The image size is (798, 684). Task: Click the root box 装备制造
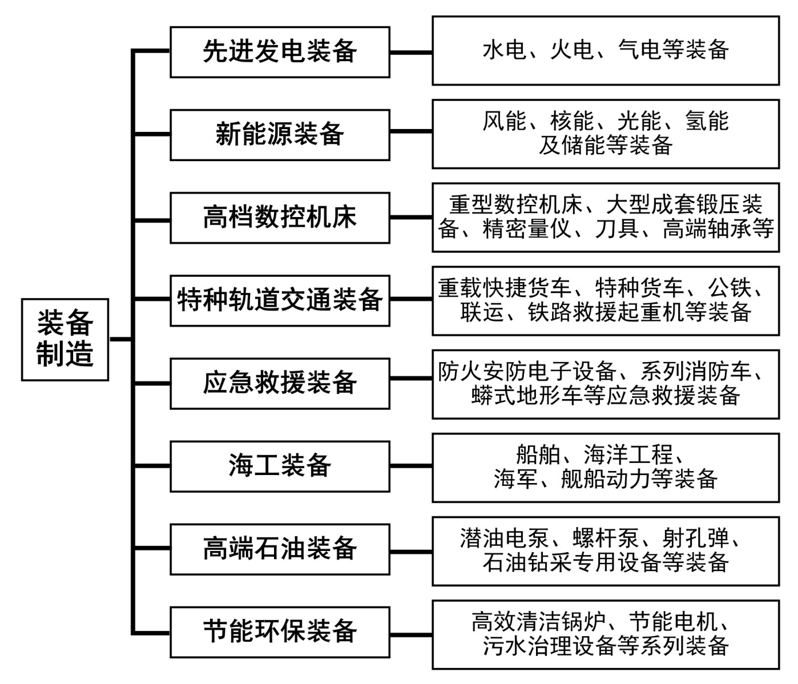click(65, 339)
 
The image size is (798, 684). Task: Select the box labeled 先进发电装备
click(280, 52)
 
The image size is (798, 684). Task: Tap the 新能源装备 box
click(280, 135)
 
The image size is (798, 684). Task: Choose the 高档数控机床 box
click(280, 218)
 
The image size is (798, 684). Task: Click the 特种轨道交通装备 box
click(280, 301)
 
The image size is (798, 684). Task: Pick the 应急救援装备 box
click(280, 383)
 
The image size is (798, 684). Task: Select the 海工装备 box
click(280, 466)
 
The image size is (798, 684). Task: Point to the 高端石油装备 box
click(280, 549)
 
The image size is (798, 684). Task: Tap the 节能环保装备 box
click(280, 632)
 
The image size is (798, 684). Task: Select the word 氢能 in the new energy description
click(706, 121)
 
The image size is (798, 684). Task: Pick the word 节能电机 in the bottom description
click(673, 622)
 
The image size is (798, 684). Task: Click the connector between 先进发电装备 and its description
click(411, 52)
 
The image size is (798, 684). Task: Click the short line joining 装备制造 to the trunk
click(120, 339)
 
